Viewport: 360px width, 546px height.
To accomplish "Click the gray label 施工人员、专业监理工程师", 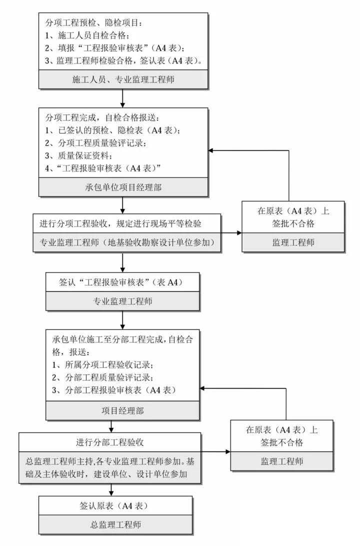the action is pyautogui.click(x=123, y=79).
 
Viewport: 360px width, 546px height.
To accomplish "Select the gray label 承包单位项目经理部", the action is pyautogui.click(x=123, y=187).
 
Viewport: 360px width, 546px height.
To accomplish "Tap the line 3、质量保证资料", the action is pyautogui.click(x=78, y=155).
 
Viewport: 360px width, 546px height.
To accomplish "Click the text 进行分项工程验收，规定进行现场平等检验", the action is pyautogui.click(x=120, y=223).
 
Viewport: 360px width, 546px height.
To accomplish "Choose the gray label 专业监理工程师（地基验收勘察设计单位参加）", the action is pyautogui.click(x=127, y=242).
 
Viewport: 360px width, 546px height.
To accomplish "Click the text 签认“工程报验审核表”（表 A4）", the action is pyautogui.click(x=122, y=282).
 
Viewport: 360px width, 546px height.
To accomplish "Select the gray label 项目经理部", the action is pyautogui.click(x=122, y=410).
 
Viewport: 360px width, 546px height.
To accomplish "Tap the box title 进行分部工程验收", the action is pyautogui.click(x=110, y=442).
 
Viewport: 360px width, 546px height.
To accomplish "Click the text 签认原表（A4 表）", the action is pyautogui.click(x=115, y=505).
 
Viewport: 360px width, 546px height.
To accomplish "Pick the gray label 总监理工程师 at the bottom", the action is pyautogui.click(x=115, y=525).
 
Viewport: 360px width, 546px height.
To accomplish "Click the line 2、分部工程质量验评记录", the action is pyautogui.click(x=102, y=377).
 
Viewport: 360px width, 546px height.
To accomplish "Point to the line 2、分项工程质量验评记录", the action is pyautogui.click(x=95, y=143).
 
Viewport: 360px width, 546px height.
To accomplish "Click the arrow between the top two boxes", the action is pyautogui.click(x=122, y=98).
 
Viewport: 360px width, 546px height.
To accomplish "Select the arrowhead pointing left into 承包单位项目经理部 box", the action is pyautogui.click(x=211, y=150).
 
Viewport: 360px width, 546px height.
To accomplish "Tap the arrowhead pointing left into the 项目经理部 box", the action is pyautogui.click(x=202, y=388).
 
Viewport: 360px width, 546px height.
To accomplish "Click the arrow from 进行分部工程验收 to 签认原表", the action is pyautogui.click(x=111, y=490).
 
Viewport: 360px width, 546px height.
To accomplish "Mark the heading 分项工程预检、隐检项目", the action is pyautogui.click(x=94, y=22).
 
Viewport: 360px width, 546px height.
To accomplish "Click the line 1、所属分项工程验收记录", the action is pyautogui.click(x=103, y=364).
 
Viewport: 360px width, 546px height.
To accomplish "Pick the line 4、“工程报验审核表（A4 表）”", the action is pyautogui.click(x=103, y=168).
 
